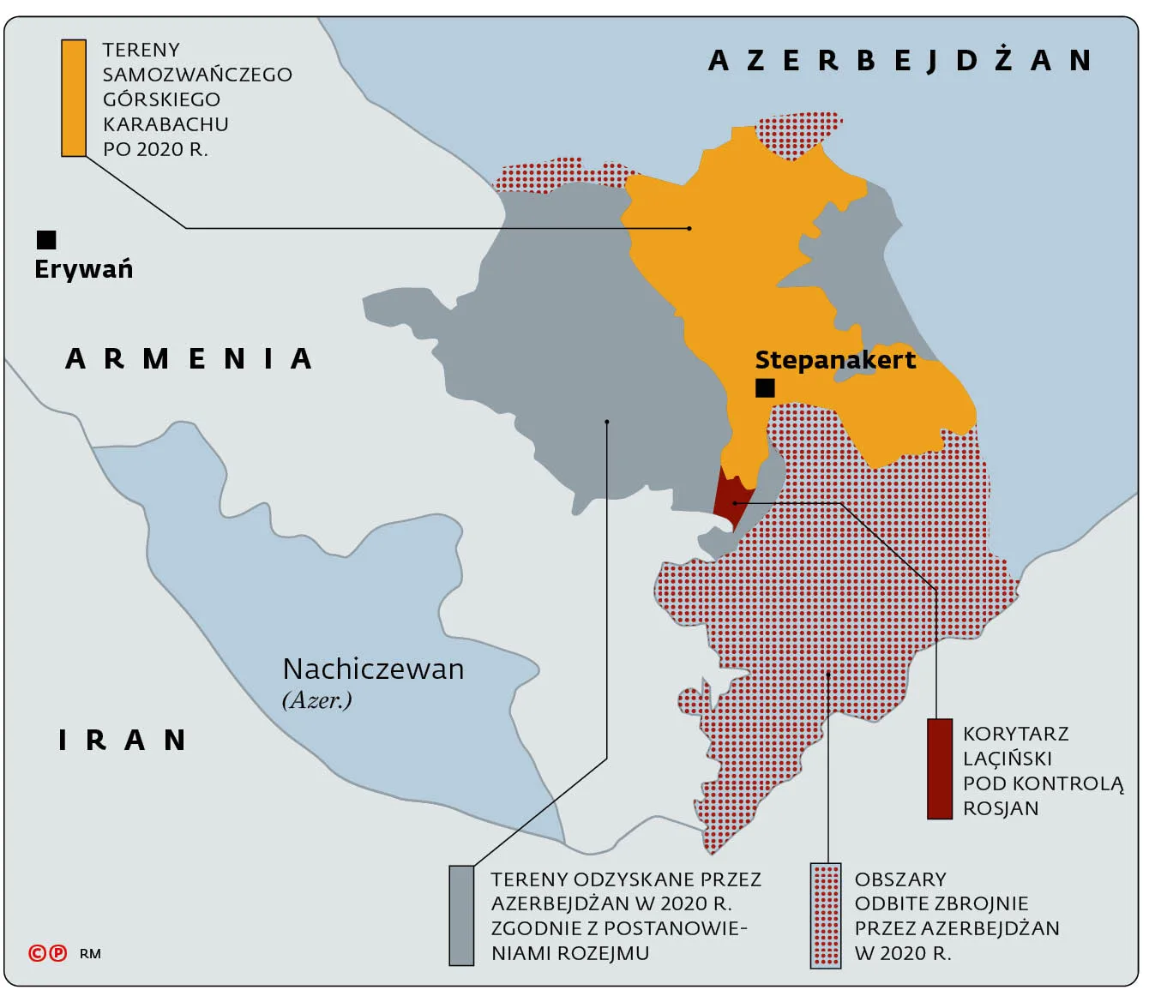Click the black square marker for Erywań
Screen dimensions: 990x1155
(x=46, y=239)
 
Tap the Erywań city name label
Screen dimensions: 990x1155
(x=83, y=269)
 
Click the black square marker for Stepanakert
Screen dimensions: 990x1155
(x=765, y=387)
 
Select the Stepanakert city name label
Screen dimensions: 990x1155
(x=834, y=360)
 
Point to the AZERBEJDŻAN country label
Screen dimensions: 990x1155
(x=899, y=61)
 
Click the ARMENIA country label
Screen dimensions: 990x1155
(x=189, y=358)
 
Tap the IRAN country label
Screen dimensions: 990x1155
(x=122, y=740)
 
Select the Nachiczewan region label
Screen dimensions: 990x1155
(x=373, y=669)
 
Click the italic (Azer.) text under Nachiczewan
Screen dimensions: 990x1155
(x=316, y=700)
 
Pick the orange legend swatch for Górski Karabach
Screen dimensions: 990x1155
(x=74, y=98)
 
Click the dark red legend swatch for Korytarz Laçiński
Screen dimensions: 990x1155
(x=940, y=769)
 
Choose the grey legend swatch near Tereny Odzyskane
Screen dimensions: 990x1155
(x=461, y=915)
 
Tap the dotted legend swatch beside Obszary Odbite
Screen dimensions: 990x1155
(x=826, y=915)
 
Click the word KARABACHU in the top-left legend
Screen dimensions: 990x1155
(x=165, y=124)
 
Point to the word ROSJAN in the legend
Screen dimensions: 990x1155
(x=1001, y=808)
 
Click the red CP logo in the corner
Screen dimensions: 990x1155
(x=47, y=953)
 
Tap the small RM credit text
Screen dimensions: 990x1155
(x=90, y=954)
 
